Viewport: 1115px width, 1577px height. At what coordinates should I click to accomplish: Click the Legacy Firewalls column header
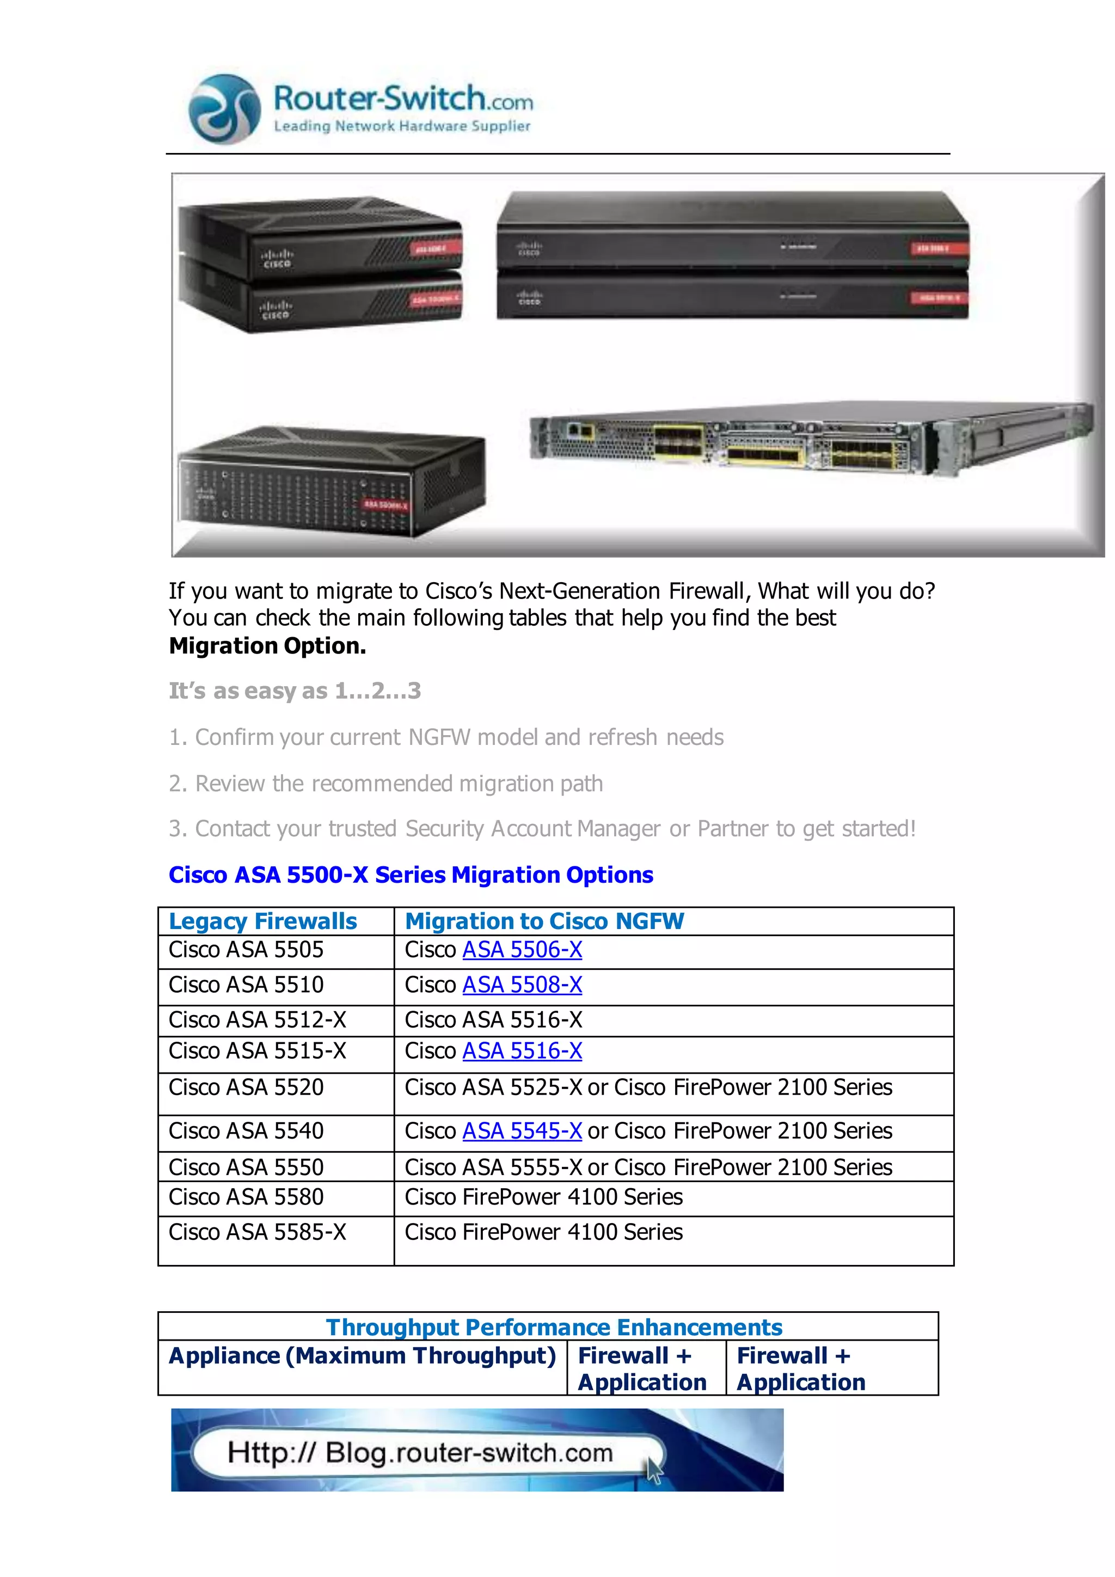coord(263,921)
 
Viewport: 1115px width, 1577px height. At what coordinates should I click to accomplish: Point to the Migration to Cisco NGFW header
coord(544,921)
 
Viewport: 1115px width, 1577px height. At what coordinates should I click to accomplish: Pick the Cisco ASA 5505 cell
coord(247,950)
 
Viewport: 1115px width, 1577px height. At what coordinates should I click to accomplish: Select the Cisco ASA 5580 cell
coord(247,1197)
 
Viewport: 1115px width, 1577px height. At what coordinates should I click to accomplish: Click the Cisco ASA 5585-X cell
coord(258,1232)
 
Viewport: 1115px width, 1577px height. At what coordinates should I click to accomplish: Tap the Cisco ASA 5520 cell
coord(247,1087)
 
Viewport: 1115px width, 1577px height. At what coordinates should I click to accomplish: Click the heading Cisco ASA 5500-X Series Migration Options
coord(411,875)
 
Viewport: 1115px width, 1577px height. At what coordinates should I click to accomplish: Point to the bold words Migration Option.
coord(268,646)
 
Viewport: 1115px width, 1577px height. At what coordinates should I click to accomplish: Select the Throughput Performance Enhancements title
coord(554,1327)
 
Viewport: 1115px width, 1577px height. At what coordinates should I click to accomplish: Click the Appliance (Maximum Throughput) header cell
coord(362,1356)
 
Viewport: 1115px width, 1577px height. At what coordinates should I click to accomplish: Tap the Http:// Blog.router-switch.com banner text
coord(420,1453)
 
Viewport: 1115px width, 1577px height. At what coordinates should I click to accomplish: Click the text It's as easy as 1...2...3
coord(295,691)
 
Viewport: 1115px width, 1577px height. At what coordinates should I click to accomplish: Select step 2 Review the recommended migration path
coord(386,784)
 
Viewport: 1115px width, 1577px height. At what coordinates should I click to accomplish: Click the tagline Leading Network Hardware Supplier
coord(402,126)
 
